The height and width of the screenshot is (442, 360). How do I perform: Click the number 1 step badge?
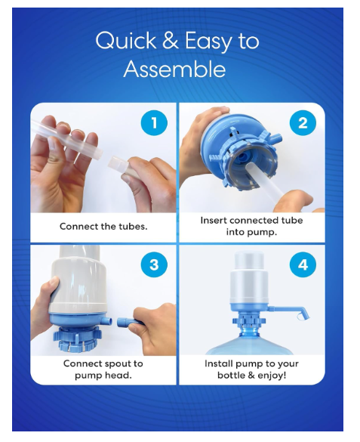[154, 122]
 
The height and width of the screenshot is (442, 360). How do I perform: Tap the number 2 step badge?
[303, 122]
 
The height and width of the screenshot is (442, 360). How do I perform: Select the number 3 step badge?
[154, 264]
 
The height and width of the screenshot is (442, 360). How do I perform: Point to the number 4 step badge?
[303, 264]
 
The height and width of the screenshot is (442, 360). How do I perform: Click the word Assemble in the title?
[174, 69]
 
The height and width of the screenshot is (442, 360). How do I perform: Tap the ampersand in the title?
[171, 40]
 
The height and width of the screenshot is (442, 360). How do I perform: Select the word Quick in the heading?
[126, 40]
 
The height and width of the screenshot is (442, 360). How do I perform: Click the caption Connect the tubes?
[103, 227]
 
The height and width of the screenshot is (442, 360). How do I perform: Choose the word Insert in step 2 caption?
[214, 220]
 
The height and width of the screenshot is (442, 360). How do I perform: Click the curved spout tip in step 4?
[303, 314]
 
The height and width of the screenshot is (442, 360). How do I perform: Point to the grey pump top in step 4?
[248, 277]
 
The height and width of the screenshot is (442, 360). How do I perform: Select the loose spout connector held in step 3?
[126, 322]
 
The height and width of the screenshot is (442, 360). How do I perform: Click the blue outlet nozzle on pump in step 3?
[106, 321]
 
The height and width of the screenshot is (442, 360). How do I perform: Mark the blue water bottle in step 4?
[249, 340]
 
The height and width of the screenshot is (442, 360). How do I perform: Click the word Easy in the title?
[208, 41]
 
